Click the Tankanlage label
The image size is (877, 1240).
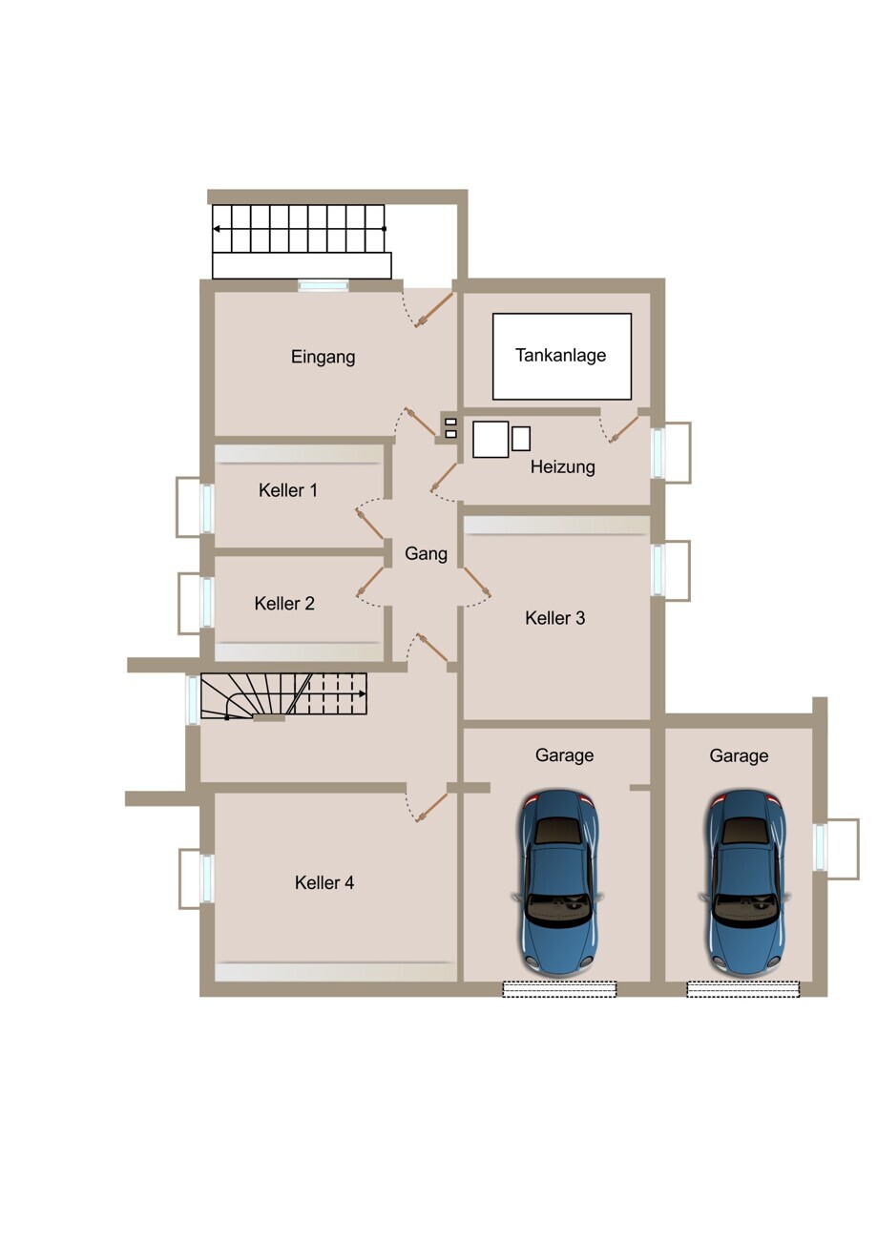click(x=560, y=355)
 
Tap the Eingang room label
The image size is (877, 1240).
click(x=323, y=357)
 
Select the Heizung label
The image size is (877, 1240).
click(x=562, y=466)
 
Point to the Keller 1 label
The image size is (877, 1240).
click(x=288, y=490)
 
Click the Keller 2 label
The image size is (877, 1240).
click(x=284, y=603)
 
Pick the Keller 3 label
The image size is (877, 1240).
click(x=554, y=618)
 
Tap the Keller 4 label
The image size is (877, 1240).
click(x=324, y=882)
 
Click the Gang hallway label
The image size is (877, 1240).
click(x=426, y=553)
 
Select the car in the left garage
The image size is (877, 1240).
click(x=558, y=883)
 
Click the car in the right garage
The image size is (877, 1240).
click(x=744, y=883)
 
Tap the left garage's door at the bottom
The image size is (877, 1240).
click(x=559, y=989)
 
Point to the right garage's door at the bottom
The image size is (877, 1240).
click(x=743, y=989)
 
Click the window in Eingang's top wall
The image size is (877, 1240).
click(x=324, y=285)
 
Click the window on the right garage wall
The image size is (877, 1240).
click(x=820, y=847)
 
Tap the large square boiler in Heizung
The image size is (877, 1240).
click(x=491, y=440)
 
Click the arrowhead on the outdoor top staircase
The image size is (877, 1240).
click(x=217, y=229)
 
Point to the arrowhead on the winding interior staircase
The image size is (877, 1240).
click(x=362, y=693)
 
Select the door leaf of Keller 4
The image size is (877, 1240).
click(x=431, y=808)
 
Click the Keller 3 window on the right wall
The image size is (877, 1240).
click(x=657, y=570)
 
